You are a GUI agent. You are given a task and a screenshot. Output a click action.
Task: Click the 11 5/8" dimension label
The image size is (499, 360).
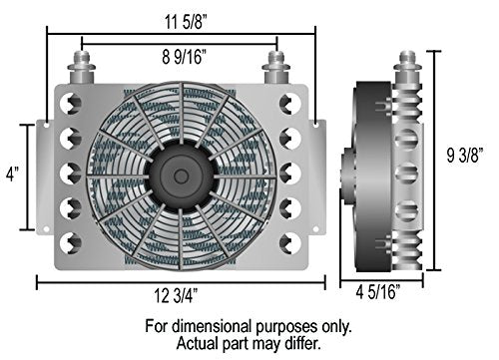coord(186,22)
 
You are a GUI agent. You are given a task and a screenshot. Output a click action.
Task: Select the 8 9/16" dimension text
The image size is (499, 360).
coord(184,57)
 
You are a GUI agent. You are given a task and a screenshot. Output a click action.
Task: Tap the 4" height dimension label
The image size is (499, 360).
coord(13,174)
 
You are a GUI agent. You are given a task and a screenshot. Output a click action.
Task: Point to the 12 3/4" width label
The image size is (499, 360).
coord(176,295)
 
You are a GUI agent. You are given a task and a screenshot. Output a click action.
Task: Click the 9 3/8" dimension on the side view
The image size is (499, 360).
coord(465,155)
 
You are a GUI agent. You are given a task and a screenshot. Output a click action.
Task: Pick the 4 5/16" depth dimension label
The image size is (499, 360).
coord(378,292)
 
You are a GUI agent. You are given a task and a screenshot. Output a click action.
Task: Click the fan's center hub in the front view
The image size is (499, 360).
coord(181,177)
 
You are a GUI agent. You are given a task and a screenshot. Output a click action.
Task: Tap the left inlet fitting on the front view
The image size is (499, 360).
coord(82,67)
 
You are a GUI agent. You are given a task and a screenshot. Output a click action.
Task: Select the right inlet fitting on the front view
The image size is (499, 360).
coord(276,67)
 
